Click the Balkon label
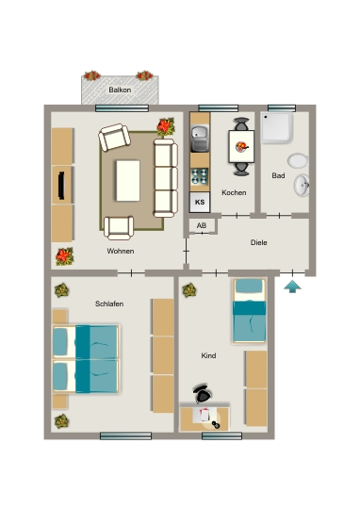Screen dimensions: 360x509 point(120,90)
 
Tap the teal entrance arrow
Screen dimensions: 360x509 point(292,287)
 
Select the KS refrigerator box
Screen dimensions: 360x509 point(200,202)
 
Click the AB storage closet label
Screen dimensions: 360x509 point(202,225)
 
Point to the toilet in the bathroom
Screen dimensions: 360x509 point(298,160)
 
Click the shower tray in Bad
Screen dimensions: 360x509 point(277,128)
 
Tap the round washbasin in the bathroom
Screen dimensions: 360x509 point(302,185)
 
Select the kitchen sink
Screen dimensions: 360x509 point(200,139)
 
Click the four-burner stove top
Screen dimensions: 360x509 point(199,176)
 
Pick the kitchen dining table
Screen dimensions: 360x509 point(241,146)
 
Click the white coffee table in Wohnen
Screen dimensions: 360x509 point(128,180)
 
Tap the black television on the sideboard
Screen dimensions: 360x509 point(61,186)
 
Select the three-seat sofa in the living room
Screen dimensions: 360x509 point(166,178)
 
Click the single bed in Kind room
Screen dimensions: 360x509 point(250,311)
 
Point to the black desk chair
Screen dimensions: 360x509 point(203,394)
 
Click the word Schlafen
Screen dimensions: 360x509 point(109,304)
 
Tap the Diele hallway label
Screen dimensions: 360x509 point(259,242)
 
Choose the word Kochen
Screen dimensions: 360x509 point(234,192)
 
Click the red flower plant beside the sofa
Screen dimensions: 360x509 point(166,126)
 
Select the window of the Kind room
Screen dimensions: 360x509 point(221,436)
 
